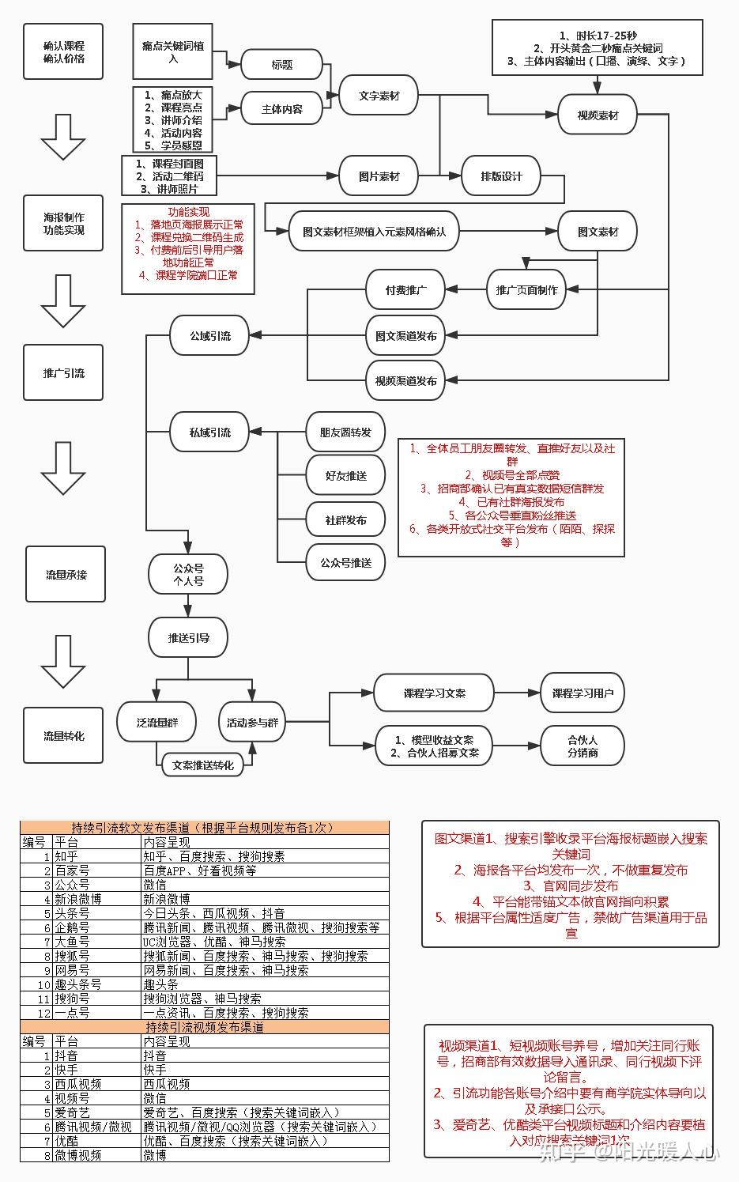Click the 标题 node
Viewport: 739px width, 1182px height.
coord(281,65)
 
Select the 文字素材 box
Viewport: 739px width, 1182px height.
coord(379,96)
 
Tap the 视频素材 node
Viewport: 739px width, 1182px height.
coord(598,115)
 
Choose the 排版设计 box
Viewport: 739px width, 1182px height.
coord(501,176)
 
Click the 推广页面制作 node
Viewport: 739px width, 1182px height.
coord(526,290)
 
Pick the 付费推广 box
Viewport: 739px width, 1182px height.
coord(405,290)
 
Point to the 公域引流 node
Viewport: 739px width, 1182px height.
coord(209,335)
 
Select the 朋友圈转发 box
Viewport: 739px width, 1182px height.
coord(345,432)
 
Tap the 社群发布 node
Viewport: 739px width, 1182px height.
coord(345,520)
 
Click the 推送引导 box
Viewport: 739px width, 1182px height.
coord(188,637)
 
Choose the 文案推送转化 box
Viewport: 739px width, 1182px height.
coord(202,765)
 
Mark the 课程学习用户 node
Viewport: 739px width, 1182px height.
coord(583,693)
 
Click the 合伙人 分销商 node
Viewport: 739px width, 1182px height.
coord(583,746)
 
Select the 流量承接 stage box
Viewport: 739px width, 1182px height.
coord(64,574)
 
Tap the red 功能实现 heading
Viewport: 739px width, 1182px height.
coord(189,212)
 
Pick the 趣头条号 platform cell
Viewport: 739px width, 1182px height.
coord(78,984)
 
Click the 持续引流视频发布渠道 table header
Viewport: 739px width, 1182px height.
coord(205,1027)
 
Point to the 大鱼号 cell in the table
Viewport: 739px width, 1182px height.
coord(72,942)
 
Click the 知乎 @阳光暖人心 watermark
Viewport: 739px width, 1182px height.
coord(628,1153)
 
